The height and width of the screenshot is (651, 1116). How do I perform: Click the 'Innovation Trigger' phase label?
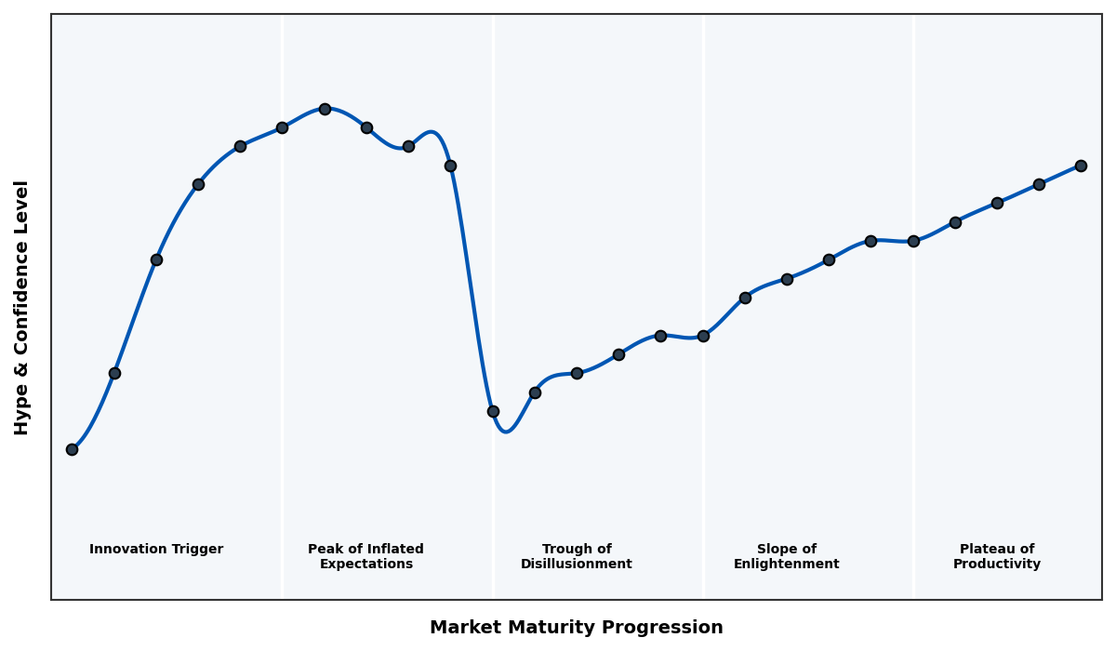tap(156, 550)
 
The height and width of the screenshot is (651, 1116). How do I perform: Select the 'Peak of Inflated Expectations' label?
tap(365, 557)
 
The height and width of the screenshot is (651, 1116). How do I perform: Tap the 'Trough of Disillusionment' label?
tap(576, 557)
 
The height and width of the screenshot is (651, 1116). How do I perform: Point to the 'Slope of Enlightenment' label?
tap(786, 557)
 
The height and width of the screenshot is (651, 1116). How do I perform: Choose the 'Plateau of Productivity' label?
tap(996, 557)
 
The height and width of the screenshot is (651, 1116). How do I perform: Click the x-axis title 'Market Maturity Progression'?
tap(576, 628)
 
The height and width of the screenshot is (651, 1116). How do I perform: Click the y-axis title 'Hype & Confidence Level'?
tap(21, 307)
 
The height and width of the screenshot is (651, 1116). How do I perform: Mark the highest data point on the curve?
tap(325, 109)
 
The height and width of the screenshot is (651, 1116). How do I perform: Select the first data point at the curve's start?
tap(72, 449)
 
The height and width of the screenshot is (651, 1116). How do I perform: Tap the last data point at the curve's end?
tap(1081, 166)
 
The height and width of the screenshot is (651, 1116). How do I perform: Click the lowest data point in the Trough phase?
tap(493, 411)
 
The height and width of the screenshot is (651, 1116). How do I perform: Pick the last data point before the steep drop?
tap(450, 166)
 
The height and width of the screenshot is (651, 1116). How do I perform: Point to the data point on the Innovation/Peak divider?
tap(282, 127)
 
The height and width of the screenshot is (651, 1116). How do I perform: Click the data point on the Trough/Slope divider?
tap(703, 336)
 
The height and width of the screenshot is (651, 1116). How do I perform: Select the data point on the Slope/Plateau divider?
tap(913, 241)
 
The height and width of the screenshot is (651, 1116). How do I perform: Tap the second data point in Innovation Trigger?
tap(114, 373)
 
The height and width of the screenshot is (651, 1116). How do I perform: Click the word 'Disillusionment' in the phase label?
tap(576, 565)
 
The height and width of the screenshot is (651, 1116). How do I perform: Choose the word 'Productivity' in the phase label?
tap(996, 565)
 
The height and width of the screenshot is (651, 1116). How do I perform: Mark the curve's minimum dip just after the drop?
tap(505, 432)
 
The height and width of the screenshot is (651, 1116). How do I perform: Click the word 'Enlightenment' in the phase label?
tap(786, 565)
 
